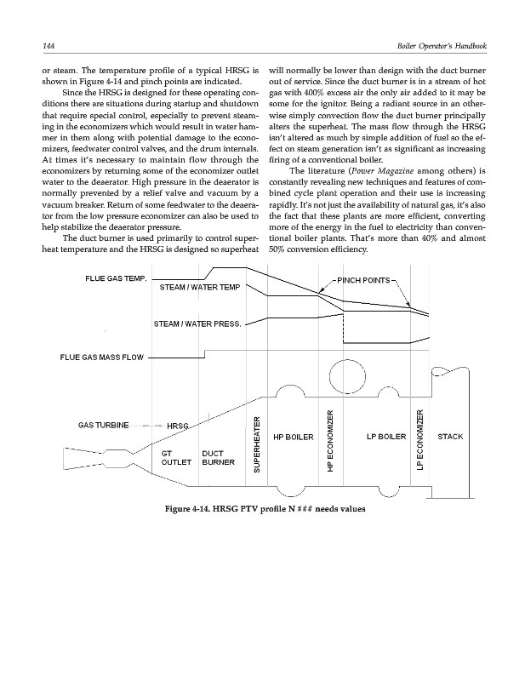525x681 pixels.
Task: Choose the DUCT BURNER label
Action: coord(219,459)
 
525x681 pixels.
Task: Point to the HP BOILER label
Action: coord(294,438)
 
